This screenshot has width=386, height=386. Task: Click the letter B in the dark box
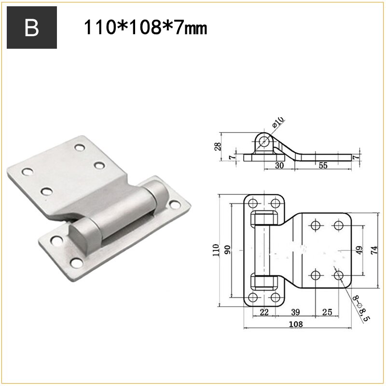(x=31, y=28)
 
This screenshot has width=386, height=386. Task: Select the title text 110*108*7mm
(x=145, y=28)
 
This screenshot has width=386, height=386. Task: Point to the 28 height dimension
(x=217, y=146)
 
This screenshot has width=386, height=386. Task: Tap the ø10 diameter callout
(x=278, y=122)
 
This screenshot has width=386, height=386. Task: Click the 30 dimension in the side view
(x=279, y=165)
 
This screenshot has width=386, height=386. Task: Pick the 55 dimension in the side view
(x=323, y=165)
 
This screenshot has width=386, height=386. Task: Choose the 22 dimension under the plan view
(x=264, y=312)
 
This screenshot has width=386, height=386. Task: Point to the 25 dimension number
(x=327, y=312)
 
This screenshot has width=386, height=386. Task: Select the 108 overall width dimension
(x=296, y=324)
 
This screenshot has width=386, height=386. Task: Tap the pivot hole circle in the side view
(x=264, y=141)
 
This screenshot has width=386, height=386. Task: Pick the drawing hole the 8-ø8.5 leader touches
(x=339, y=276)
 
